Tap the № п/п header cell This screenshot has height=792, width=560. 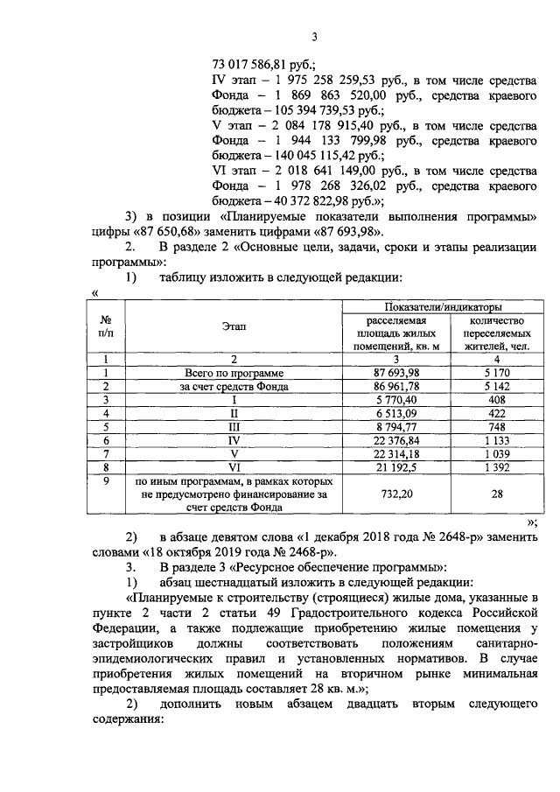tap(105, 327)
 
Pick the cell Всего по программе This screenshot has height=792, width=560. tap(234, 373)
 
